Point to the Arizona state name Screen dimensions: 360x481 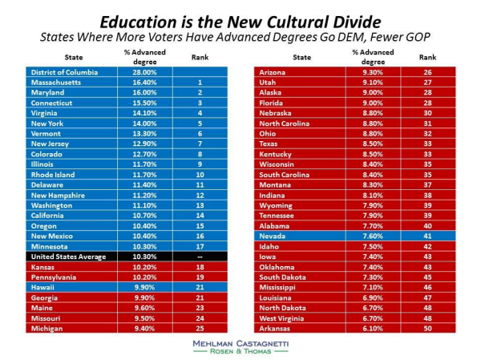(275, 72)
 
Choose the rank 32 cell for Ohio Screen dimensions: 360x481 (427, 133)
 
